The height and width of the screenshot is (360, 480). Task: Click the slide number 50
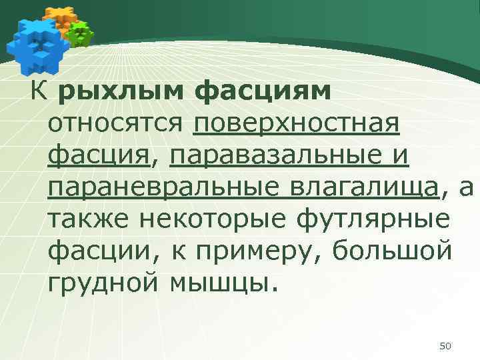click(x=446, y=345)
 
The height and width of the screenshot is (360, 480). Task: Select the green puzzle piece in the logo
click(x=81, y=33)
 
